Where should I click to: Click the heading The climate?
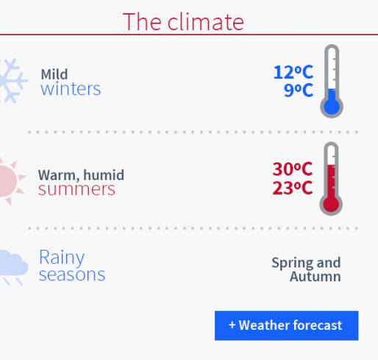[x=183, y=22]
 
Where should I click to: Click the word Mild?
[x=54, y=74]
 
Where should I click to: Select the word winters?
[x=71, y=89]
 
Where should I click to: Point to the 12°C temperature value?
[x=293, y=72]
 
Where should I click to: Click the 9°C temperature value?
[x=299, y=90]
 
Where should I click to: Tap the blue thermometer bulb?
[x=332, y=107]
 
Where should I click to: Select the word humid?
[x=104, y=175]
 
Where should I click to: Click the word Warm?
[x=58, y=176]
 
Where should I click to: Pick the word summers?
[x=76, y=190]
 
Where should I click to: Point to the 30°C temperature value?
[x=293, y=169]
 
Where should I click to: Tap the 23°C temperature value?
[x=293, y=188]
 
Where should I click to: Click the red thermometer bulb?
[x=331, y=204]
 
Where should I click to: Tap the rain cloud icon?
[x=14, y=267]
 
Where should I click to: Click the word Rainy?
[x=62, y=258]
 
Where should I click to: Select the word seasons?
[x=72, y=275]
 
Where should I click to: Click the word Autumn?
[x=315, y=277]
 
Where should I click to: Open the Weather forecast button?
[x=287, y=325]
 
